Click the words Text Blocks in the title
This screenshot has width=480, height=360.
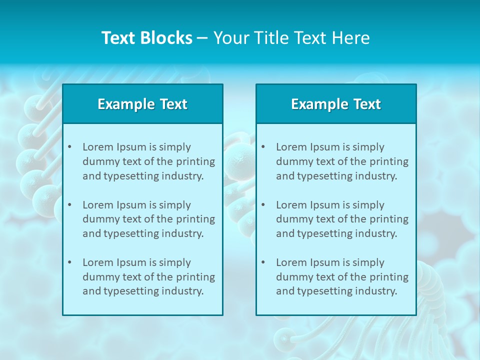pos(146,38)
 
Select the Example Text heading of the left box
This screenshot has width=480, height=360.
pos(142,104)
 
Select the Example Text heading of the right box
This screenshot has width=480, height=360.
pos(336,104)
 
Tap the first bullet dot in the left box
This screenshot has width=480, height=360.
pos(69,147)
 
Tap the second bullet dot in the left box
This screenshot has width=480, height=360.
pos(69,205)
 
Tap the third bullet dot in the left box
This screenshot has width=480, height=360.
pos(69,262)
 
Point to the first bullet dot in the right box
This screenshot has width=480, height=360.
pos(263,147)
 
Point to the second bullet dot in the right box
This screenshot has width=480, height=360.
pos(263,205)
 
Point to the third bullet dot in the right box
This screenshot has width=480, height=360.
pos(263,262)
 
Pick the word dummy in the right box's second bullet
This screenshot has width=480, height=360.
pos(292,219)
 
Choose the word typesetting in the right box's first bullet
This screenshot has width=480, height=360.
pos(325,176)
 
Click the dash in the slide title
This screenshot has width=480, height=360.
pos(202,38)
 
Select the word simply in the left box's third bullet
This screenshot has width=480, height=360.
pos(175,262)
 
